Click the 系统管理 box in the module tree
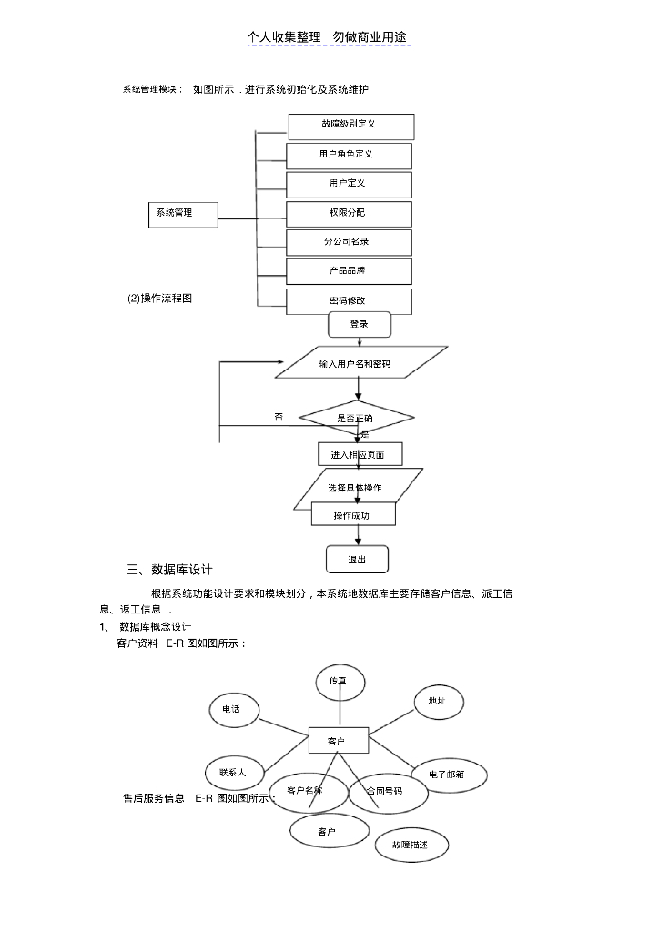point(182,213)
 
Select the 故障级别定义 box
point(350,126)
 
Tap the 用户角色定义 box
point(349,155)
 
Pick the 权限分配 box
point(349,213)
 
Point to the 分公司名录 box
point(349,242)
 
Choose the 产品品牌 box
point(349,271)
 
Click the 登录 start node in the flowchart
point(360,324)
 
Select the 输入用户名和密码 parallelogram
point(360,362)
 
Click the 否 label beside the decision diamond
point(279,417)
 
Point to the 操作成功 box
point(353,514)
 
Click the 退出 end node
point(357,559)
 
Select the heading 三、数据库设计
point(170,570)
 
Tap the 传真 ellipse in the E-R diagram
point(339,681)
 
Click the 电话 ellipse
point(234,710)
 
